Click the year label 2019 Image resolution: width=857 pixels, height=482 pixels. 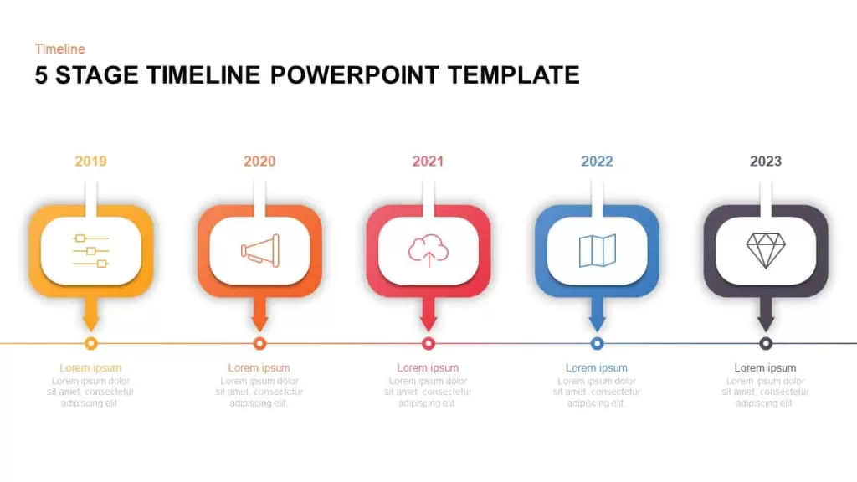(90, 162)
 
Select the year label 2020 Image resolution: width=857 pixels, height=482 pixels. (259, 162)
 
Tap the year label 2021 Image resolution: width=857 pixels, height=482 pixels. (428, 162)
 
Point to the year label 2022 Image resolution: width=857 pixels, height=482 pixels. (597, 162)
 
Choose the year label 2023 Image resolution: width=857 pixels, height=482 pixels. (766, 162)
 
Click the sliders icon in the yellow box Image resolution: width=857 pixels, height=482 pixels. (90, 251)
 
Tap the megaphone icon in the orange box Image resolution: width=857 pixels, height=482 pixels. (260, 251)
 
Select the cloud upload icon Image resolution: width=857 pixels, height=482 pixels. (428, 250)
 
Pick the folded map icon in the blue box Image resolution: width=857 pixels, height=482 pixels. (598, 251)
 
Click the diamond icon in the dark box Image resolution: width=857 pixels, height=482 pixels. (766, 251)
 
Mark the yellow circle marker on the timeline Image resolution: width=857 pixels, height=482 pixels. (91, 343)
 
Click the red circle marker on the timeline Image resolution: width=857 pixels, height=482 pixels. (428, 343)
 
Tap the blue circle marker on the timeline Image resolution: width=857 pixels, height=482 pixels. (598, 343)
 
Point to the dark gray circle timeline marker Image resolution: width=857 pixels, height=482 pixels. (766, 343)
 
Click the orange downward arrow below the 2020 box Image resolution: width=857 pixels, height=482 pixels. (259, 315)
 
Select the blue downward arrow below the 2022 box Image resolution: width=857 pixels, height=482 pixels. (598, 315)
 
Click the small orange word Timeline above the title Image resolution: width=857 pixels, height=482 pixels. (60, 49)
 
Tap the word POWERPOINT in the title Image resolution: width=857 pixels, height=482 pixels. (355, 74)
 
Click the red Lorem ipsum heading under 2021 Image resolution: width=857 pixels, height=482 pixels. (428, 368)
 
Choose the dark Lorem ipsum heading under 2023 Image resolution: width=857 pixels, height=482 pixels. (765, 368)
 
